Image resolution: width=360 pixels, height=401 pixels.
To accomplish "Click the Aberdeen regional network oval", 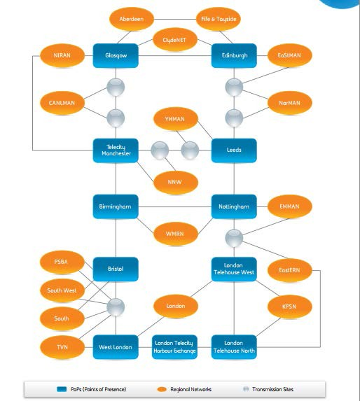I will [x=132, y=19].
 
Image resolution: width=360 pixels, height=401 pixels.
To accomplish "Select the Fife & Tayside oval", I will [x=219, y=19].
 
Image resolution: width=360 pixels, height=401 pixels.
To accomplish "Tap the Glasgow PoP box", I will [x=116, y=55].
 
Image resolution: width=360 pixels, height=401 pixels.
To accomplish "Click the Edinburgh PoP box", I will [x=234, y=55].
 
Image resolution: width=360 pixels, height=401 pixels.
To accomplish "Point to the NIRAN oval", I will [x=62, y=55].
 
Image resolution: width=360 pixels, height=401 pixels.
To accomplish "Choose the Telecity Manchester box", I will [x=116, y=150].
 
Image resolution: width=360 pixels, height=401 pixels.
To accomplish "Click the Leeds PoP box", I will [x=234, y=150].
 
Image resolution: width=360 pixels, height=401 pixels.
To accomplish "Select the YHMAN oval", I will [x=175, y=119].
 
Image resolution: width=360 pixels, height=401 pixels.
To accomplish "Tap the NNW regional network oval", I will [x=174, y=181].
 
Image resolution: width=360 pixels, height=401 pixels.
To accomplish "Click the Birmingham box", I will [x=116, y=206].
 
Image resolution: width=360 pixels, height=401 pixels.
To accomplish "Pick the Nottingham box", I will [x=234, y=206].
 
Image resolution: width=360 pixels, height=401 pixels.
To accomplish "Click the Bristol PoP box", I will [x=116, y=269].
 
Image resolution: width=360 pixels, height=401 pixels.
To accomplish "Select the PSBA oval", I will [x=62, y=262].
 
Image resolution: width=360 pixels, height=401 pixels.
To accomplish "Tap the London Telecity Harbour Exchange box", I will [x=174, y=346].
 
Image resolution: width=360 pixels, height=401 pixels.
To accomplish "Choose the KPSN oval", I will [x=288, y=307].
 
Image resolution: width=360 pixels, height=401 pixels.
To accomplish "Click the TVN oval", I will [x=62, y=346].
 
